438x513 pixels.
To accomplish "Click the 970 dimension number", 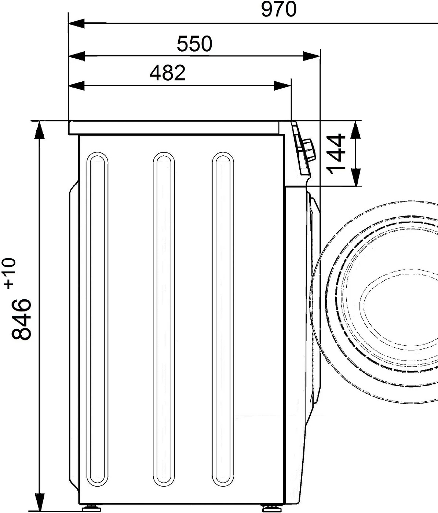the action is click(279, 9).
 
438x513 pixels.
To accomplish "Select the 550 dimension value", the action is click(194, 44).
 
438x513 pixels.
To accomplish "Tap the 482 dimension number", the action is click(167, 73).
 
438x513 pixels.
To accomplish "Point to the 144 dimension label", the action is click(336, 154).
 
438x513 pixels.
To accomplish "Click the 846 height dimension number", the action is click(21, 319).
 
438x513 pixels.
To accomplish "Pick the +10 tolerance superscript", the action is click(10, 273).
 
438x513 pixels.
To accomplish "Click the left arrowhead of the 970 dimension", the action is click(77, 23).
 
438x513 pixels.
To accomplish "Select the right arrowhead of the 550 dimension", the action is click(311, 56).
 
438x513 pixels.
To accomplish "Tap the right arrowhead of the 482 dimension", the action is click(282, 86).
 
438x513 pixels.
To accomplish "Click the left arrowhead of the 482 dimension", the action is click(77, 86).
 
